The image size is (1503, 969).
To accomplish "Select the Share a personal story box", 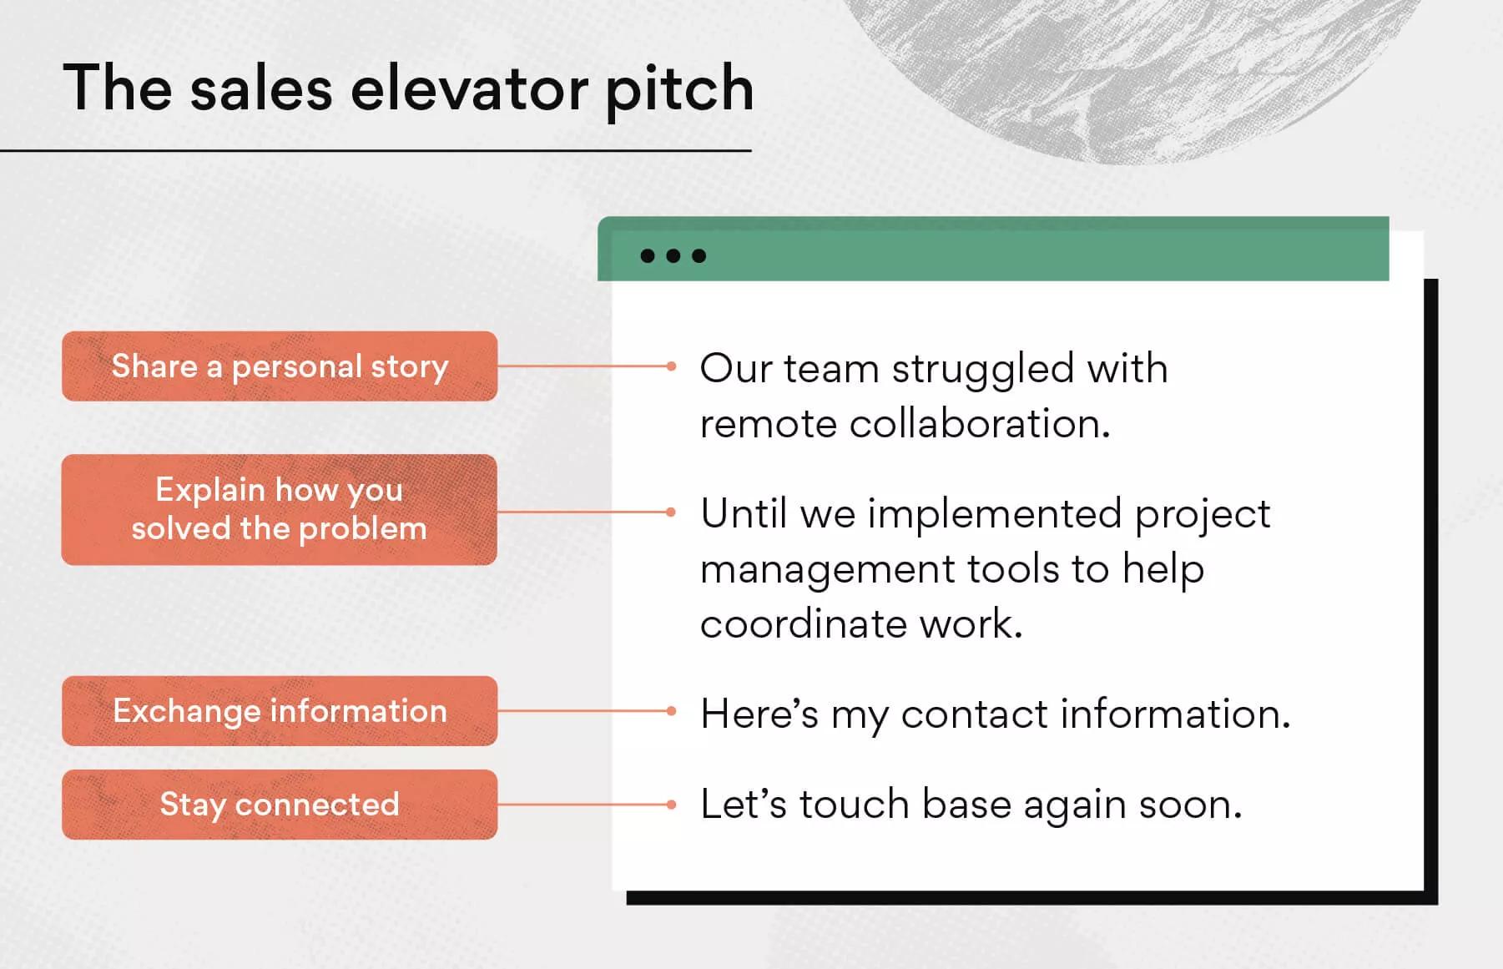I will pyautogui.click(x=280, y=366).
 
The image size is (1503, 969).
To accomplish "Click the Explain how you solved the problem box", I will pyautogui.click(x=280, y=509).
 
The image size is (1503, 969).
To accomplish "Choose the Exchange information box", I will pyautogui.click(x=280, y=711).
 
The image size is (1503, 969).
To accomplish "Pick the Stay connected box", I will pyautogui.click(x=280, y=805).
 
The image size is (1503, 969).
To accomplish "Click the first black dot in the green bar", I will pyautogui.click(x=648, y=255).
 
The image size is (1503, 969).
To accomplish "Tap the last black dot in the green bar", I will pyautogui.click(x=699, y=255).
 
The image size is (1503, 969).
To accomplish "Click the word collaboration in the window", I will pyautogui.click(x=980, y=424).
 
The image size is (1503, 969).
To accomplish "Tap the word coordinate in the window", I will pyautogui.click(x=803, y=624).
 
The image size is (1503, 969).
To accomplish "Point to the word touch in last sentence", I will pyautogui.click(x=854, y=805).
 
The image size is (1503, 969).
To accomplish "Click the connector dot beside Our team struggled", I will pyautogui.click(x=671, y=366).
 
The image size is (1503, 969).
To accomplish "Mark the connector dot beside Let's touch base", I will pyautogui.click(x=671, y=805).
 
